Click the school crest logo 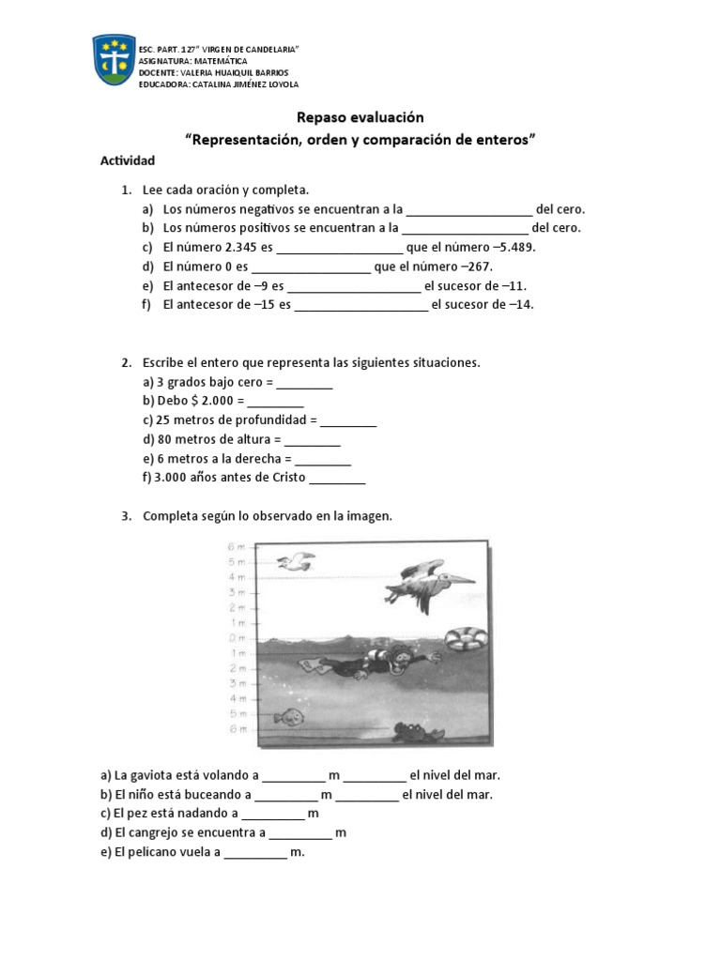coord(113,60)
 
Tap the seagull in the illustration coord(296,561)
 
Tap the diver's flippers coord(313,665)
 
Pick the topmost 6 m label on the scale coord(236,546)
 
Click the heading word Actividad coord(127,160)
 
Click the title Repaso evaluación coord(360,117)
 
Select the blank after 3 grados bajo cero coord(304,383)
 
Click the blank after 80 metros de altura coord(312,439)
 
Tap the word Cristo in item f coord(286,478)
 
